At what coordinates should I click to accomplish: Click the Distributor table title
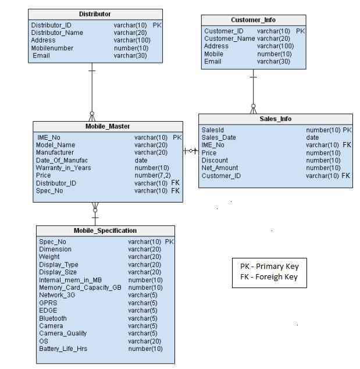(x=95, y=14)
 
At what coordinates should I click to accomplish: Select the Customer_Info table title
(x=253, y=20)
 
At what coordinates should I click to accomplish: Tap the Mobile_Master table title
(x=108, y=126)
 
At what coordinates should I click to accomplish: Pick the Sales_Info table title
(x=276, y=119)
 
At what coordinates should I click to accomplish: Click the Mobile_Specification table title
(x=105, y=230)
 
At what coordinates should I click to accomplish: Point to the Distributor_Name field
(x=57, y=33)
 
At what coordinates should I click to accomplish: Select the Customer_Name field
(x=229, y=38)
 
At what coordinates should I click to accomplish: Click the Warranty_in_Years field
(x=63, y=168)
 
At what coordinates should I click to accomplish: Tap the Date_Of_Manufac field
(x=62, y=160)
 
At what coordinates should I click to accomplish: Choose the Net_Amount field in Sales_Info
(x=219, y=168)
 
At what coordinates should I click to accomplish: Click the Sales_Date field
(x=219, y=137)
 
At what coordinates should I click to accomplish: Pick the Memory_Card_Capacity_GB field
(x=80, y=288)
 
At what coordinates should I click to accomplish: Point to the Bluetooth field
(x=53, y=318)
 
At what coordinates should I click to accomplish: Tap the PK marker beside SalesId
(x=347, y=130)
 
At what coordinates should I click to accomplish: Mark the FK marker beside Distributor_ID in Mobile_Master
(x=175, y=183)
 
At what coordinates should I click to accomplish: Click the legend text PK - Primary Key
(x=269, y=267)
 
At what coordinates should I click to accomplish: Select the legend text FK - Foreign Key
(x=269, y=277)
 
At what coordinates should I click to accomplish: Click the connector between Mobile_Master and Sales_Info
(x=191, y=151)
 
